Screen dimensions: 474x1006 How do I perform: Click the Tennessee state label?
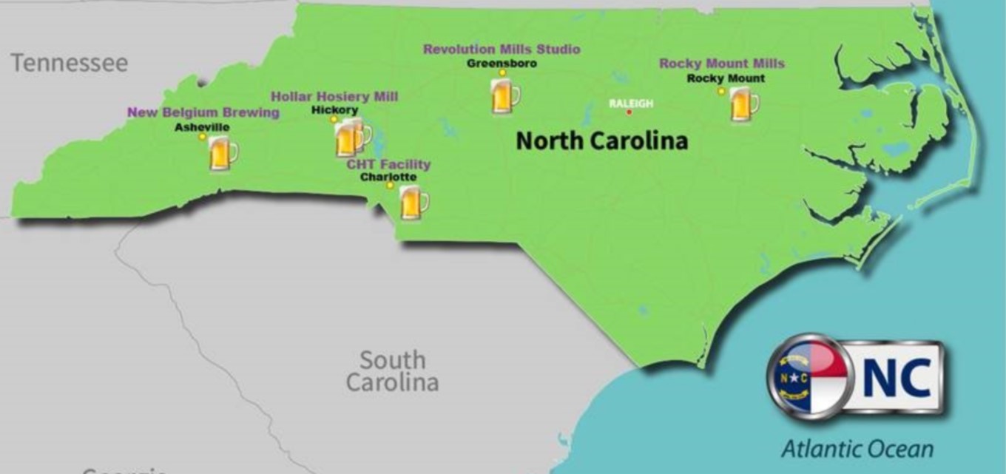69,63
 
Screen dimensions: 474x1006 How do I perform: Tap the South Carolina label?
392,371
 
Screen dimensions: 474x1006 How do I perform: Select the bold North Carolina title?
601,140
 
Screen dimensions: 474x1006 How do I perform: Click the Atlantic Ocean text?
857,448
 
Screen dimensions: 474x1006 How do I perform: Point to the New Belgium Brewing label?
203,112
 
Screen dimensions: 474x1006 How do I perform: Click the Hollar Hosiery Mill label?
334,96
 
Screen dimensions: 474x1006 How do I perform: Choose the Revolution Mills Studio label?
502,50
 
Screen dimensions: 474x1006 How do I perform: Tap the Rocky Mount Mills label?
722,64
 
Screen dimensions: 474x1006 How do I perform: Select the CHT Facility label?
388,164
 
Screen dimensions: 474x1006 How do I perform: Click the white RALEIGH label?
631,104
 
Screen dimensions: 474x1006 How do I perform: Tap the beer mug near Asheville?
222,153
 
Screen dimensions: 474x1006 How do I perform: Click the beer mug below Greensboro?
504,97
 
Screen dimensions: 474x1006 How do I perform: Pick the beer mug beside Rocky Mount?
743,104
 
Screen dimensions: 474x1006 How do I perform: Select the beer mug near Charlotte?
413,202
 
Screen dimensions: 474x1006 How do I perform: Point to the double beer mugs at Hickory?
351,138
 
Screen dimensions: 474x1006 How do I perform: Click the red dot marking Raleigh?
629,112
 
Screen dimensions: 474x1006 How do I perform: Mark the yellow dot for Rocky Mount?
721,91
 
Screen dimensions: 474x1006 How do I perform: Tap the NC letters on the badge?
897,376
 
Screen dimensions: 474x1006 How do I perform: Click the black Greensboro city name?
502,64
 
